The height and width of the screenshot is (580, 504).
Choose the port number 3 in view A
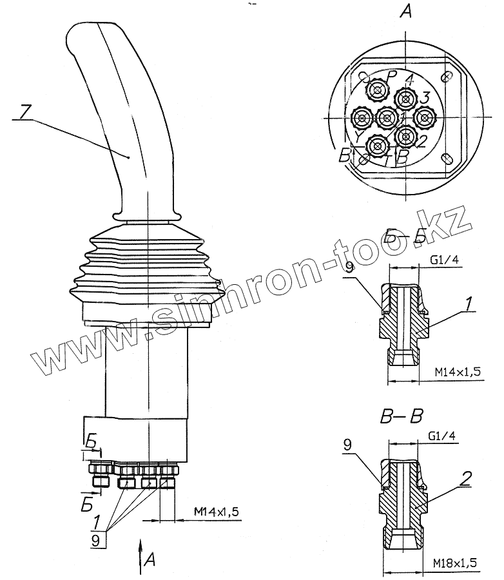coord(424,98)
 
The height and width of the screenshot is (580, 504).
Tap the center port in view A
coord(386,117)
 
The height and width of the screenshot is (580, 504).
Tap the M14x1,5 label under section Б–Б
coord(457,372)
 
